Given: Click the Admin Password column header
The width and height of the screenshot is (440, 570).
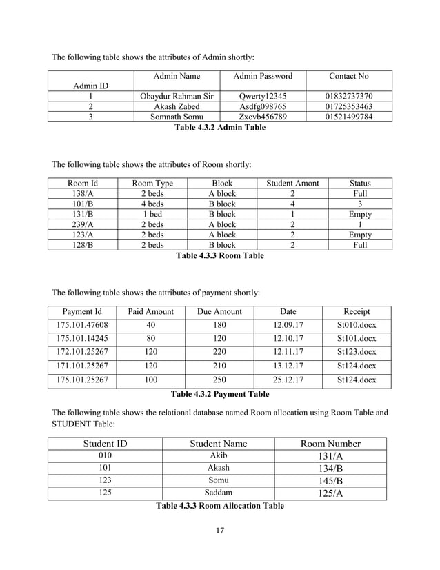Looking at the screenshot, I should pos(263,76).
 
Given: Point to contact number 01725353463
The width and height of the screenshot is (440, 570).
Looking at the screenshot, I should pos(348,106).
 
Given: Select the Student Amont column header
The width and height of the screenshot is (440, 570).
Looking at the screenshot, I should pos(292,184).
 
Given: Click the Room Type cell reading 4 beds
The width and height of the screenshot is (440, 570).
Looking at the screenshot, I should pos(152,204).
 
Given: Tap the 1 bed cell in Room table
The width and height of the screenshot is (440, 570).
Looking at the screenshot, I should pos(152,215).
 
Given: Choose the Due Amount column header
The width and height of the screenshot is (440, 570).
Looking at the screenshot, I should pos(219,311).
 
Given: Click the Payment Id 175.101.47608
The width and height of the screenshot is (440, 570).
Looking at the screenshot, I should pos(82,326).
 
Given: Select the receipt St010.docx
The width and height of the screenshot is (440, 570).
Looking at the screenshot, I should pos(356,326).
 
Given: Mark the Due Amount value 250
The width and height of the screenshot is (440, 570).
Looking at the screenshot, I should pos(219,380).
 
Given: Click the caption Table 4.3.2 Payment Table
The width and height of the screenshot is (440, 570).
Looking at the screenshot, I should pos(220,395).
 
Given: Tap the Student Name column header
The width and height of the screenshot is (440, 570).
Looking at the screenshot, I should pos(218,444).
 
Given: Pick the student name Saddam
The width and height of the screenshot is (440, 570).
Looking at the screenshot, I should pos(218,493).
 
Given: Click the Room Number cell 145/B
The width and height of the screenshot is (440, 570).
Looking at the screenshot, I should pos(330,480).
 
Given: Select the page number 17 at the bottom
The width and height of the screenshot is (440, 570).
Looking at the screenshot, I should pos(220,531).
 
